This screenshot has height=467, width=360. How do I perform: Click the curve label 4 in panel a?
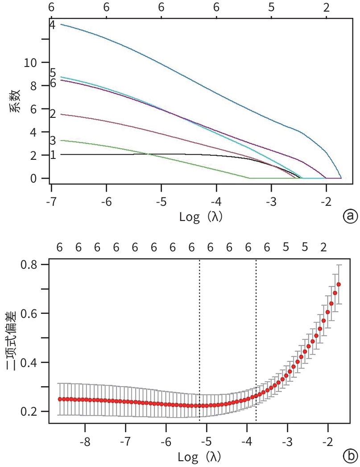[x=52, y=25]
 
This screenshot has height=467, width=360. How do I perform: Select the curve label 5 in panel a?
[x=53, y=73]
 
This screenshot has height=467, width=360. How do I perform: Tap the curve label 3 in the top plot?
[x=53, y=141]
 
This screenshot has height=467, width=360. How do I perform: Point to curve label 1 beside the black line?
[x=53, y=155]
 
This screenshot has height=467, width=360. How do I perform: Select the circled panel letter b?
[x=349, y=456]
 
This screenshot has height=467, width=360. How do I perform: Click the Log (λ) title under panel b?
[x=200, y=457]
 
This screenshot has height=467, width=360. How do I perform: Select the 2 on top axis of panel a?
[x=327, y=8]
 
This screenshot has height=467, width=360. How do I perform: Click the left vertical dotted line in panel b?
[x=199, y=339]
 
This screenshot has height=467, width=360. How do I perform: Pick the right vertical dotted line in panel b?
[x=256, y=339]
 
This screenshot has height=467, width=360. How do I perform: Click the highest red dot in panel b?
[x=339, y=284]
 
